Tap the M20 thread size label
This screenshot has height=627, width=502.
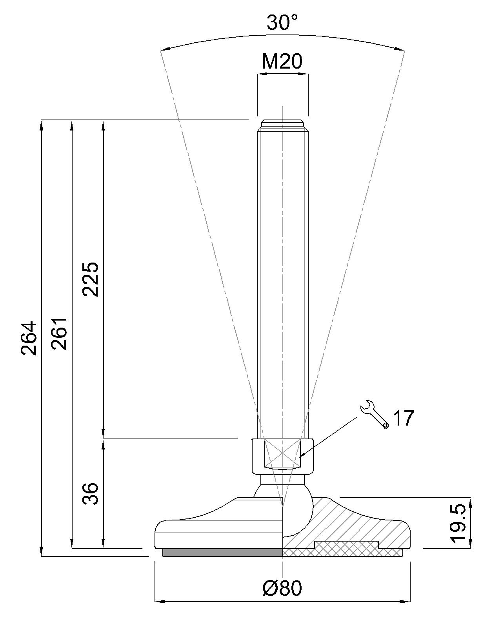282,62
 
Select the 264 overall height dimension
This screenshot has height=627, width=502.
29,338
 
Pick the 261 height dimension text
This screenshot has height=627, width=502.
59,334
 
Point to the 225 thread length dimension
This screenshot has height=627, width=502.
90,279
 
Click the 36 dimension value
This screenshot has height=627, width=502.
90,494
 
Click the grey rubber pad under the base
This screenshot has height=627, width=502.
222,552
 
